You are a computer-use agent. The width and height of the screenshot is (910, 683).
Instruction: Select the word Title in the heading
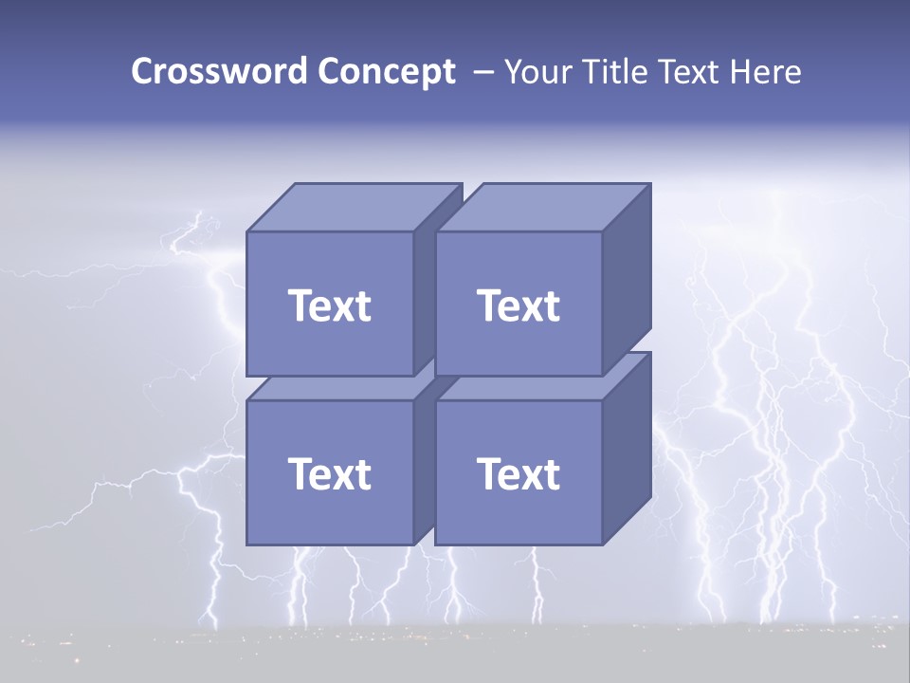point(617,72)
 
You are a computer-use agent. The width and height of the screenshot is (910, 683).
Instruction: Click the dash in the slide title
point(482,73)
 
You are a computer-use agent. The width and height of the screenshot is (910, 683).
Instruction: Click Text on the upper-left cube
point(330,305)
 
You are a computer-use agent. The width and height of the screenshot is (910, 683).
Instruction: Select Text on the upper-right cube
point(519,305)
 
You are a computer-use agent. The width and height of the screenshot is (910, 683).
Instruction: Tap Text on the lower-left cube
point(330,473)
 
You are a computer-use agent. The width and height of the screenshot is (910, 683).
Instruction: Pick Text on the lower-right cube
point(519,473)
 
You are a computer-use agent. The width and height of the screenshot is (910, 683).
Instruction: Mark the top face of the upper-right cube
point(542,208)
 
